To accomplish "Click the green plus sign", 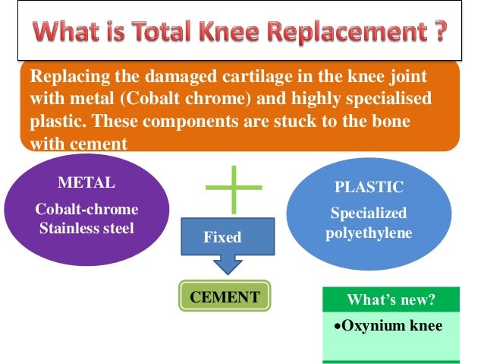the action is click(x=234, y=188).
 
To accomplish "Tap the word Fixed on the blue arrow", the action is click(x=222, y=238).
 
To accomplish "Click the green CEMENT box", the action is click(x=225, y=296).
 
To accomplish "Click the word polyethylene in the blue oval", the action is click(x=369, y=233).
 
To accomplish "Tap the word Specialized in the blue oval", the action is click(x=369, y=214).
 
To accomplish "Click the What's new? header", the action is click(x=391, y=299).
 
